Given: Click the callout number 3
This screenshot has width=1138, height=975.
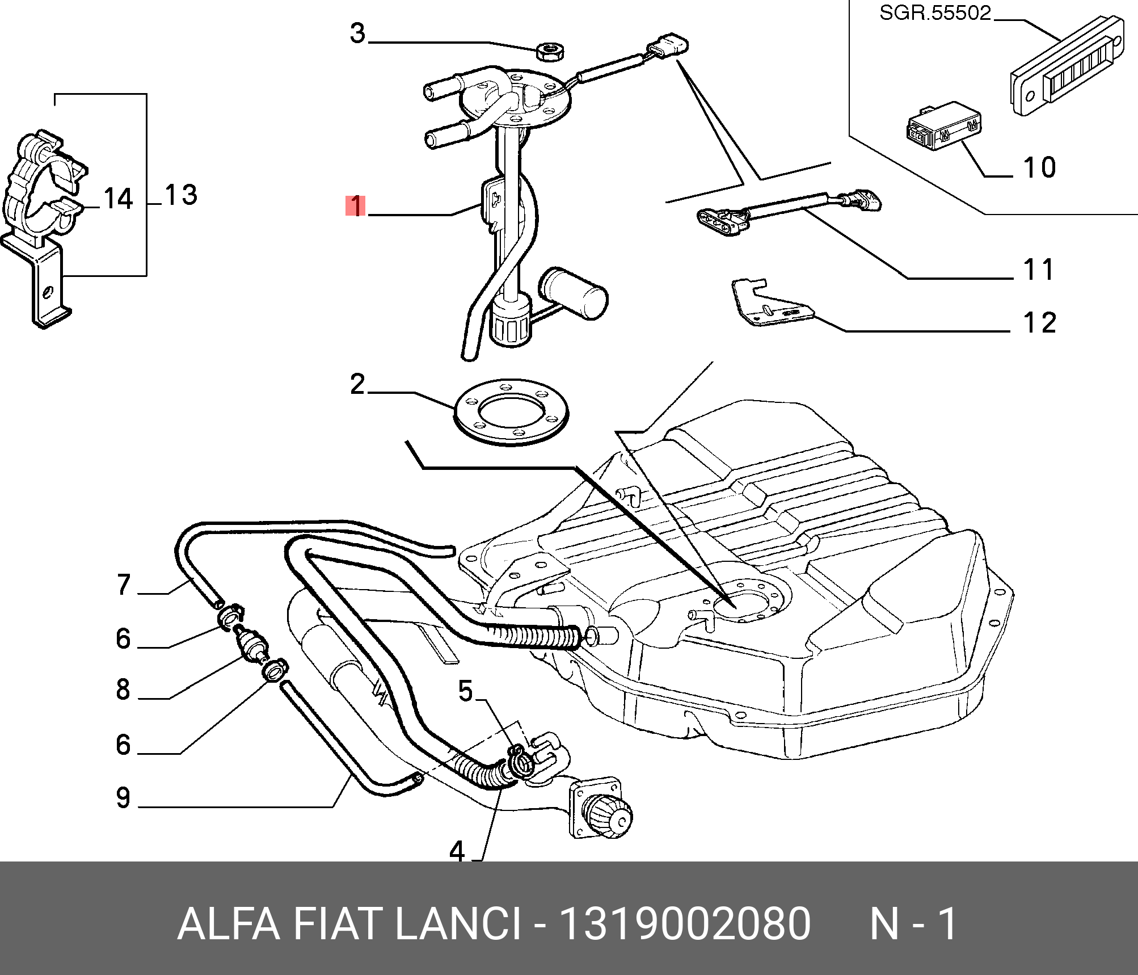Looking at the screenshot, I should [x=357, y=34].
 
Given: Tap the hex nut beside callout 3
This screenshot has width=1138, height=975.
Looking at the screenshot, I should [x=550, y=51].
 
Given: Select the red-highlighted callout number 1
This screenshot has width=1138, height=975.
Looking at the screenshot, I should [x=356, y=205].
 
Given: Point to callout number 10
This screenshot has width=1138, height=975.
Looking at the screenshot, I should [x=1039, y=168].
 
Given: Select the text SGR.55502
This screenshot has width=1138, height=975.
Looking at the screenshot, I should [x=935, y=13].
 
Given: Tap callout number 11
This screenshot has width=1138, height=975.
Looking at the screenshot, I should [x=1038, y=270].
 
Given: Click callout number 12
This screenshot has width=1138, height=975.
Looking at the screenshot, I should [x=1039, y=323].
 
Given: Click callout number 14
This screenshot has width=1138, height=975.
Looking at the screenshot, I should [x=118, y=199].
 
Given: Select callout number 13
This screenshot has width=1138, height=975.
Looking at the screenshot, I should [x=181, y=195].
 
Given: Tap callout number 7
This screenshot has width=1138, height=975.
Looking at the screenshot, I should [x=124, y=585].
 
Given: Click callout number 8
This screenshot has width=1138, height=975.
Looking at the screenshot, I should [x=123, y=690].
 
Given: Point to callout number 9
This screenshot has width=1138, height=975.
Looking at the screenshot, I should [x=123, y=797].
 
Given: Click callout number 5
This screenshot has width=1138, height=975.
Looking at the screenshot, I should [x=465, y=691].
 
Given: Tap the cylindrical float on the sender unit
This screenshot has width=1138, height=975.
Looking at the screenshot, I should [x=574, y=293].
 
